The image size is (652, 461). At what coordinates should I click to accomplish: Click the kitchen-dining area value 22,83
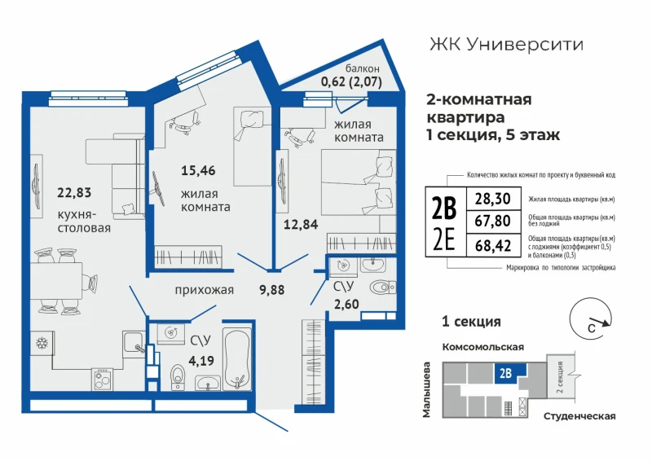click(74, 193)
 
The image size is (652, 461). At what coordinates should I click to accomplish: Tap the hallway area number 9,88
click(272, 290)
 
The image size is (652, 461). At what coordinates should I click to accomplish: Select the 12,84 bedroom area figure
click(301, 225)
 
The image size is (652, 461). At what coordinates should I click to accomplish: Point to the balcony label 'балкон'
click(362, 69)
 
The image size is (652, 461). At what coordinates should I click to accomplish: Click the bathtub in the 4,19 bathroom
click(237, 359)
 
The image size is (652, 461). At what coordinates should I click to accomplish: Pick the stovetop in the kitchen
click(103, 379)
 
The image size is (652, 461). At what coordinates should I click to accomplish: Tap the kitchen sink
click(133, 342)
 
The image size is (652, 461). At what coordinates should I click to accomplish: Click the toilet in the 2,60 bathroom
click(382, 288)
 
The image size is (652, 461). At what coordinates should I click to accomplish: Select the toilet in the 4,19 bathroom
click(178, 377)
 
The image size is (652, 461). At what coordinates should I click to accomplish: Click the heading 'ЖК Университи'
click(506, 45)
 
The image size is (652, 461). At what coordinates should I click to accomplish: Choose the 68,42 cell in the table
click(493, 246)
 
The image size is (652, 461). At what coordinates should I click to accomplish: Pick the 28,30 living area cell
click(493, 199)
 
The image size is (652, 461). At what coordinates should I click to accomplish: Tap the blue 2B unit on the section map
click(510, 373)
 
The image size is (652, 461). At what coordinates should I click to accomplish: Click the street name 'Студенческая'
click(579, 416)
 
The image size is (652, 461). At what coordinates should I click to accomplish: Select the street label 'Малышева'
click(426, 389)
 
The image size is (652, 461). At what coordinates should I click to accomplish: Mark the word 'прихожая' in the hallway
click(205, 290)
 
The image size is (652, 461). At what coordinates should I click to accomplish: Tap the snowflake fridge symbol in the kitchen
click(42, 344)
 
